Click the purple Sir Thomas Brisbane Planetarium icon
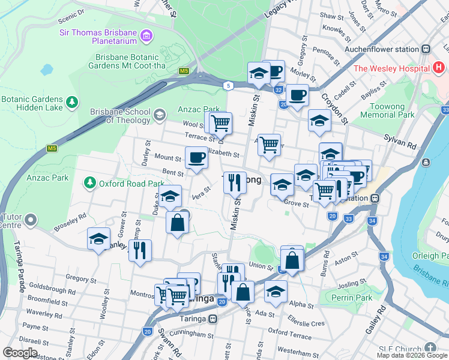(x=146, y=37)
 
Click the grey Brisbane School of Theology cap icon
(x=159, y=115)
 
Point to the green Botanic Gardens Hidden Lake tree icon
(x=72, y=103)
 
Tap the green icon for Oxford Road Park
(x=90, y=182)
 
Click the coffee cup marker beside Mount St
(x=196, y=158)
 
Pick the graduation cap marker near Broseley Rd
(x=98, y=239)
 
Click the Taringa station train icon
(x=212, y=320)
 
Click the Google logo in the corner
(x=20, y=353)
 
